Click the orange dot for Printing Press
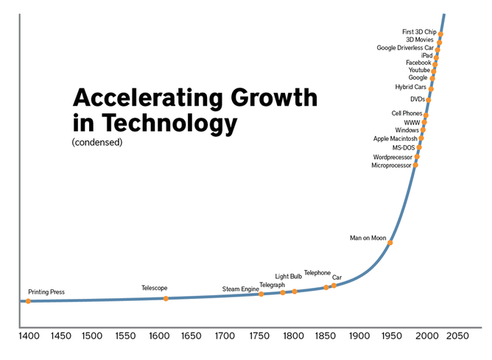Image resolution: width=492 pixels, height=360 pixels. (29, 301)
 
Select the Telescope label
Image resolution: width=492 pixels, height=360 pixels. (155, 288)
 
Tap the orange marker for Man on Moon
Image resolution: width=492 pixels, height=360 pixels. (391, 243)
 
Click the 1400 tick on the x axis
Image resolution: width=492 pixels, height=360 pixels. (29, 336)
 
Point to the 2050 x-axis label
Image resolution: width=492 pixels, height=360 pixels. (457, 336)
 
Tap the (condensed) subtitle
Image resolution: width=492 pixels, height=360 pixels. (96, 142)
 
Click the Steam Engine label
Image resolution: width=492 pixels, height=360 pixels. (240, 289)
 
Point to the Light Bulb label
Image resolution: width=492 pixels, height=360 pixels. (289, 276)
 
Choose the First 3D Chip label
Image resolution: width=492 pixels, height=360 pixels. (419, 32)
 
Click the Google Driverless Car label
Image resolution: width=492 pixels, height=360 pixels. (405, 48)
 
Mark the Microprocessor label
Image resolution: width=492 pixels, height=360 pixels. (393, 166)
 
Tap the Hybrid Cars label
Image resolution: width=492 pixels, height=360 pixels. (410, 87)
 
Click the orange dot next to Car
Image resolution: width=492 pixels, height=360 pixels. (334, 285)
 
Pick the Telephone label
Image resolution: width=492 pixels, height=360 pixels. (317, 272)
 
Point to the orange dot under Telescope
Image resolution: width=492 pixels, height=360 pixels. (166, 298)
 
